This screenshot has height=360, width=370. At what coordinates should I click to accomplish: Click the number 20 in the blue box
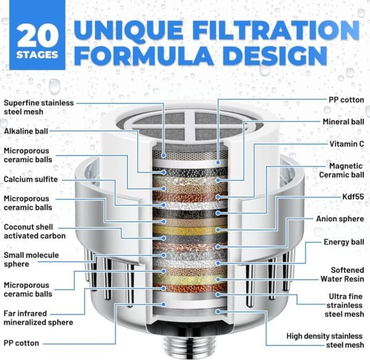click(x=38, y=35)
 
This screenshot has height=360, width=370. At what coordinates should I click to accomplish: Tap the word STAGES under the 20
click(x=37, y=55)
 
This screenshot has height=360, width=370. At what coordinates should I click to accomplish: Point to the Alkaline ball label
click(x=26, y=131)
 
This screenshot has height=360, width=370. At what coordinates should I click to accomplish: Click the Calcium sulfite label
click(x=31, y=179)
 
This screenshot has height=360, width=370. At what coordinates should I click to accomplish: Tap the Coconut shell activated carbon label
click(x=35, y=231)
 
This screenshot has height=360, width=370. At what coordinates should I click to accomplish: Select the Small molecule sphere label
click(x=31, y=260)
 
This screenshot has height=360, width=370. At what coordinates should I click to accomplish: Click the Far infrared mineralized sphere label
click(x=38, y=318)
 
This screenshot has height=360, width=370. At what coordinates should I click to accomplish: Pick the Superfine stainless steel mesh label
click(x=39, y=107)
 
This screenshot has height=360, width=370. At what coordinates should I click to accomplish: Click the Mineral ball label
click(x=343, y=122)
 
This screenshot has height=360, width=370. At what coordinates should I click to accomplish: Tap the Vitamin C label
click(x=347, y=144)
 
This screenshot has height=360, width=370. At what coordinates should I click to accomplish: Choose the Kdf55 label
click(x=353, y=197)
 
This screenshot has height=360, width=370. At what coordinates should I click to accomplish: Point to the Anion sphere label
click(x=340, y=219)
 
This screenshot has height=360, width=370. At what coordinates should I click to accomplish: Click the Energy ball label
click(x=344, y=242)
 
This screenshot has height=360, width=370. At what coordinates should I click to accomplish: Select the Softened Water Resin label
click(x=342, y=274)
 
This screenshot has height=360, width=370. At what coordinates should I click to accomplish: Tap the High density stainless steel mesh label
click(x=325, y=341)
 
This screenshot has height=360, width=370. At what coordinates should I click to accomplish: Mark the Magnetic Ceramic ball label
click(x=342, y=170)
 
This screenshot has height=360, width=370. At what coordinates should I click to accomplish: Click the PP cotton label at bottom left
click(x=21, y=343)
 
